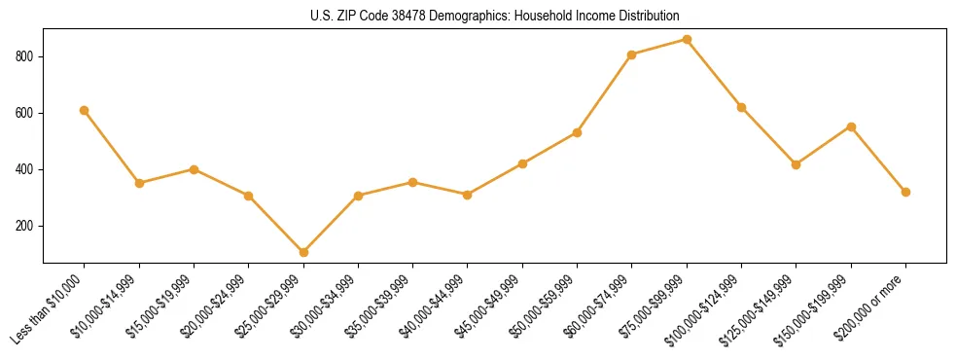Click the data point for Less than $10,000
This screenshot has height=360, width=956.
click(85, 110)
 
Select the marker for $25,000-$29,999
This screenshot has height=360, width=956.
click(303, 252)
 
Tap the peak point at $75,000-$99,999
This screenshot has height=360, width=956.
click(687, 40)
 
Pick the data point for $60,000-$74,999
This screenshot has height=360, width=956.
click(632, 54)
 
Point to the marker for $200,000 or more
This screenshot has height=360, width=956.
click(905, 192)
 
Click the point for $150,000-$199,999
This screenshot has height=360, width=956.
click(851, 126)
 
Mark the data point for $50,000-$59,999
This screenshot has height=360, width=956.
click(577, 132)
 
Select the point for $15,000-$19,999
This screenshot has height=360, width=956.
click(194, 169)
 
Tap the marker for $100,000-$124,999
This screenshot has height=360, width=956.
click(741, 107)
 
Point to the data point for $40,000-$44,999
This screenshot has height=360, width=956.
click(468, 195)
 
